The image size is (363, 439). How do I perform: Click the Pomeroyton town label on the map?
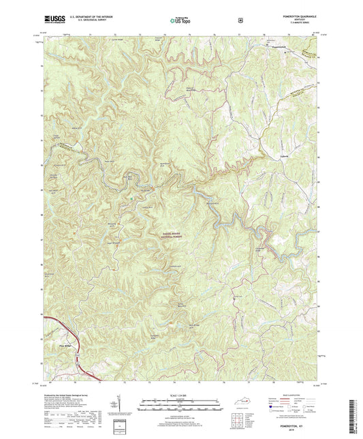272,46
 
